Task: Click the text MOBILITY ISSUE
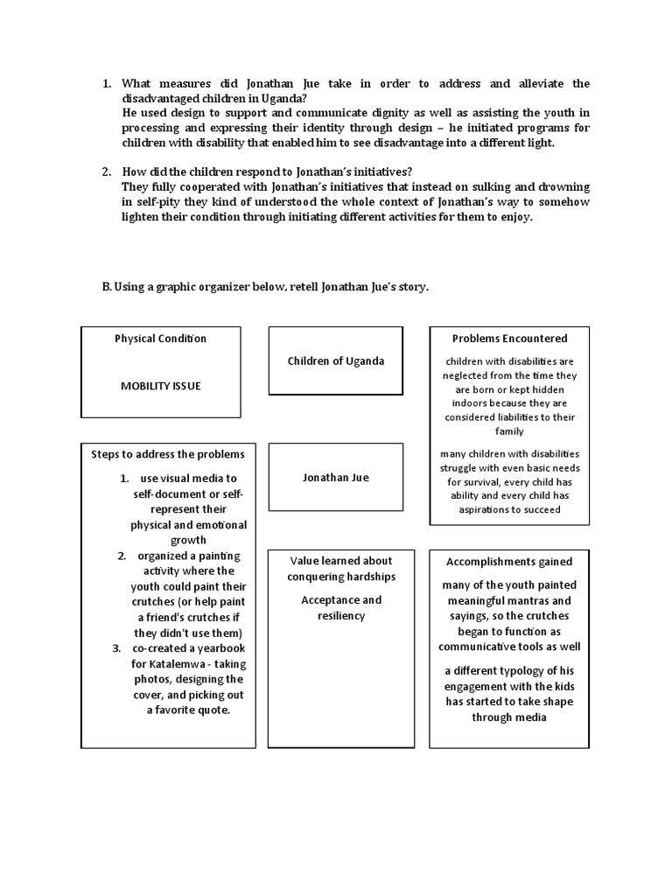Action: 160,386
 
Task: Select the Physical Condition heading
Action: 160,339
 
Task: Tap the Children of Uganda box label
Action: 335,360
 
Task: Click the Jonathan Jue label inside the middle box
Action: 335,477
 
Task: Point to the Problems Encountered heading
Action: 509,339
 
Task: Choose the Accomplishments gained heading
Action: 509,562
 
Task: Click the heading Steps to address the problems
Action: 168,454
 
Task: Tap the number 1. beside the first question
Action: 106,84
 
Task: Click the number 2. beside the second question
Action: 106,172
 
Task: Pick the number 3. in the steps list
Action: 115,648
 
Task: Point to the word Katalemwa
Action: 191,664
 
